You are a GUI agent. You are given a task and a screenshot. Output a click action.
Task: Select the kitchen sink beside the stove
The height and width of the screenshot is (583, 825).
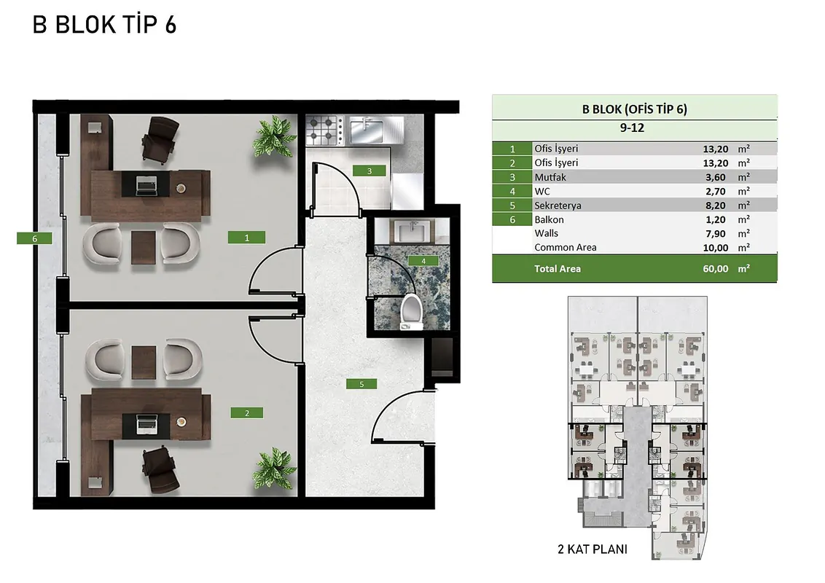point(368,130)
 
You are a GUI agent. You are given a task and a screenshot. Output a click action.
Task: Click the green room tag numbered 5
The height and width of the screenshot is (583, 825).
point(361,384)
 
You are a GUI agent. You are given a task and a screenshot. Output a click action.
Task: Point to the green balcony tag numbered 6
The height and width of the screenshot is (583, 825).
point(34,238)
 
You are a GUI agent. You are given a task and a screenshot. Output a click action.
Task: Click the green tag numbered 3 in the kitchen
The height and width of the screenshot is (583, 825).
point(370,171)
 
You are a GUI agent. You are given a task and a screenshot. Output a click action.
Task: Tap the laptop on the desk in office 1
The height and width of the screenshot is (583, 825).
point(146,185)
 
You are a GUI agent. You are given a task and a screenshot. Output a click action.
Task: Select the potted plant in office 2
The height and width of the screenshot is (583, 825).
point(274,469)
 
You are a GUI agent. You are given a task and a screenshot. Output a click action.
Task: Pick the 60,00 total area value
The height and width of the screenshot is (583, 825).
point(716,269)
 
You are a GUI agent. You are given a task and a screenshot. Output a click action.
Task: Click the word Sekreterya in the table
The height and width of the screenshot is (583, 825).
point(558,206)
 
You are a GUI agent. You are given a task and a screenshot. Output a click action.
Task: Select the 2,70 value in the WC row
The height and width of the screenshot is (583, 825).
point(716,192)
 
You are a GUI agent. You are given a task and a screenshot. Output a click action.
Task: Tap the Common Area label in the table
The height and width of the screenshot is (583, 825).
point(565,248)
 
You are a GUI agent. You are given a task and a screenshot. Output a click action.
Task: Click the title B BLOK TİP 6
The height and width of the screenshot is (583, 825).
point(104,25)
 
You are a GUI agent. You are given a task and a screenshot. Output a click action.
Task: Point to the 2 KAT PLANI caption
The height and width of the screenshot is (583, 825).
point(593,549)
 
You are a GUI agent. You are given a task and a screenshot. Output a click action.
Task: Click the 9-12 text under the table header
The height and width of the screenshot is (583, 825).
point(632,128)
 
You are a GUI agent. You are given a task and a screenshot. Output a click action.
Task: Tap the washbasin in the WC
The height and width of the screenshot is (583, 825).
point(412,231)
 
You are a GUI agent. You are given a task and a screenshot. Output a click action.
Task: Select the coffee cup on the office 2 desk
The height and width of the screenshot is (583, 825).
point(181,421)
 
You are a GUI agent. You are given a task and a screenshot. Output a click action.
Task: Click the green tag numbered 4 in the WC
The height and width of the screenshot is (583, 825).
point(423,261)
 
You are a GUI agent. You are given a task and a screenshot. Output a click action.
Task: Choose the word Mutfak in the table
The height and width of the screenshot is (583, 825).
point(550,177)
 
